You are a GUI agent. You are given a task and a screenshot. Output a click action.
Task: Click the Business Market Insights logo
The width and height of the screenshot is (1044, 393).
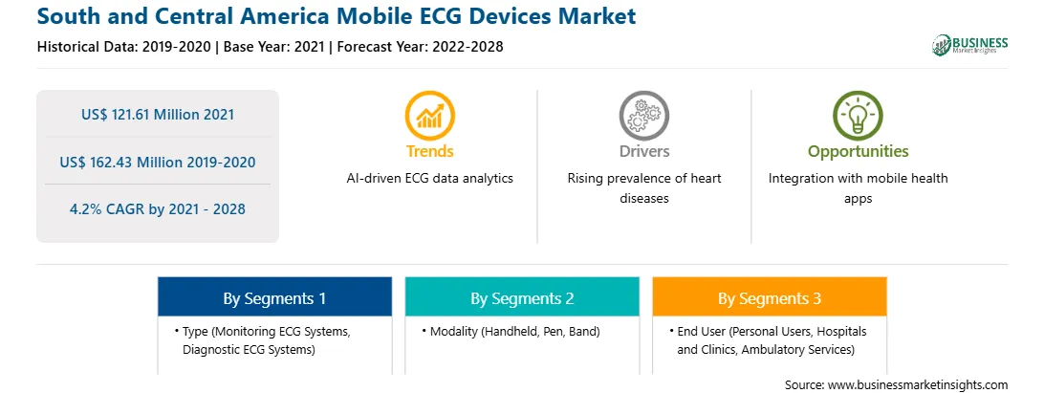click(969, 45)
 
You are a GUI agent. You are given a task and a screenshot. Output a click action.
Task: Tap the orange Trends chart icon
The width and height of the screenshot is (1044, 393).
click(429, 116)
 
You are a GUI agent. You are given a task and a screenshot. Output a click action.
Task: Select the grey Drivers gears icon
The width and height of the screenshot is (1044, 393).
click(643, 116)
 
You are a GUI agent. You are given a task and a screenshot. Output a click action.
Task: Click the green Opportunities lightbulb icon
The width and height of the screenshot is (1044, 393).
click(858, 116)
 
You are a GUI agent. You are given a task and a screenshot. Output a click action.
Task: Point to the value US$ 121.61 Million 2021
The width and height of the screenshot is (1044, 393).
click(158, 115)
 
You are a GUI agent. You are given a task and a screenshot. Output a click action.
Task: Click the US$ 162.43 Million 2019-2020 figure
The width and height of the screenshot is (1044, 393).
click(158, 162)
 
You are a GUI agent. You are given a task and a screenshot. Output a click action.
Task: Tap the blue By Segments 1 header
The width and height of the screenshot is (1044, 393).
click(275, 296)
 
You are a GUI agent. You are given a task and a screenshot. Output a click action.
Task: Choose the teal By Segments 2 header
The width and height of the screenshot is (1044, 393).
click(522, 296)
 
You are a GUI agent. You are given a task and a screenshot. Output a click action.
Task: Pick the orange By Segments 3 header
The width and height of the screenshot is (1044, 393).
click(770, 296)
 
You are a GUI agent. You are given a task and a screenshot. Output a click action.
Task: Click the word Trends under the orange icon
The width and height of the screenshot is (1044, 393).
click(429, 151)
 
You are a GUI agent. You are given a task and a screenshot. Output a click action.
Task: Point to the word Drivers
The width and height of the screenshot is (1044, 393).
click(643, 151)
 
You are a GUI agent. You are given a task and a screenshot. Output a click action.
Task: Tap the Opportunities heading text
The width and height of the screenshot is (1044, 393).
click(859, 151)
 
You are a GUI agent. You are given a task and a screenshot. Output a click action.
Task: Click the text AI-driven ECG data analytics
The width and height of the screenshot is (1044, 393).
click(429, 179)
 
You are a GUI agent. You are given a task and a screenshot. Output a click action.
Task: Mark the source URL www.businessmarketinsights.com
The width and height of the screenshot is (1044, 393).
click(918, 384)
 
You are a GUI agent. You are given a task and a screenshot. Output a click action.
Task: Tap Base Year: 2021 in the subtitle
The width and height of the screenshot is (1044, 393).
click(273, 47)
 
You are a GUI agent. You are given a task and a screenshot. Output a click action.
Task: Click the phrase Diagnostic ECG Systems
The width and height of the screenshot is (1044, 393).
click(249, 349)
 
